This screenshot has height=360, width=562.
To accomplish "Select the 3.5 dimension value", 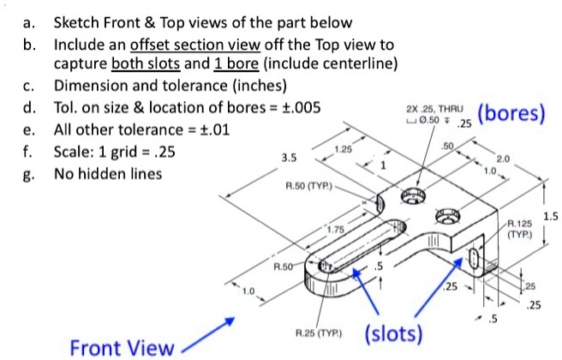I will coord(289,157).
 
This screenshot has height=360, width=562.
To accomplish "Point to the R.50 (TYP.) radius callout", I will coord(304,184).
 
